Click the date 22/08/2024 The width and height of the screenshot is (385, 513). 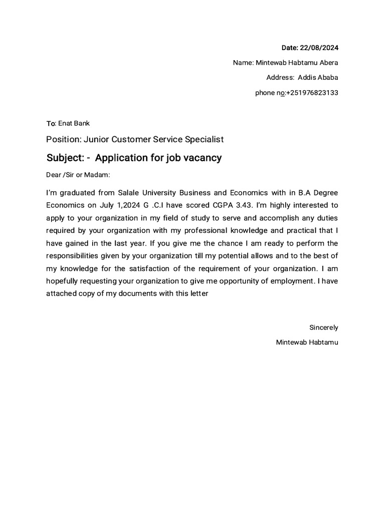click(x=319, y=48)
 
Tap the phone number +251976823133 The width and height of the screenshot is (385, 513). click(x=312, y=93)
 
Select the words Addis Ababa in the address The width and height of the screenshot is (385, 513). click(x=318, y=78)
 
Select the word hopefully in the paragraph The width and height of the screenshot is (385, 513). click(x=64, y=281)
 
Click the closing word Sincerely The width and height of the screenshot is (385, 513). click(x=323, y=328)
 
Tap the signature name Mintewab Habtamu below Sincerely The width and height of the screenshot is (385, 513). click(x=307, y=343)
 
